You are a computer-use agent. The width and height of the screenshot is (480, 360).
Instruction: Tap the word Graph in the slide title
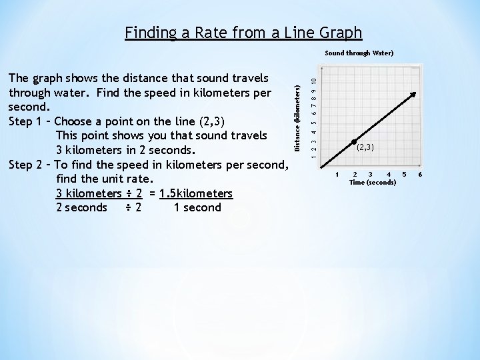pos(338,32)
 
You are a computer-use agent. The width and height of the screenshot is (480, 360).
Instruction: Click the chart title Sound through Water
pos(359,53)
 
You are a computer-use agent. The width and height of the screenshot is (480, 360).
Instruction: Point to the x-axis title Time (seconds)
pos(372,182)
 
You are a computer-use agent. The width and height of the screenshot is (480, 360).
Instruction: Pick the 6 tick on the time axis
pos(419,175)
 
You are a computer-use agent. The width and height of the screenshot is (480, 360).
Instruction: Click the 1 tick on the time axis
pos(337,175)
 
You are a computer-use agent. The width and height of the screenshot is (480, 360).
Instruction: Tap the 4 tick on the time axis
pos(388,175)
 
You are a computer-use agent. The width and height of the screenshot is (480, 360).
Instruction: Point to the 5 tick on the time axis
pos(403,175)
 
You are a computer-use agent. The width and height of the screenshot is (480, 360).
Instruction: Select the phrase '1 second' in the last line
pos(197,207)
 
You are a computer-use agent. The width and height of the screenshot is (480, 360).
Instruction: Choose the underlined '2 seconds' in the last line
pos(81,207)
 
